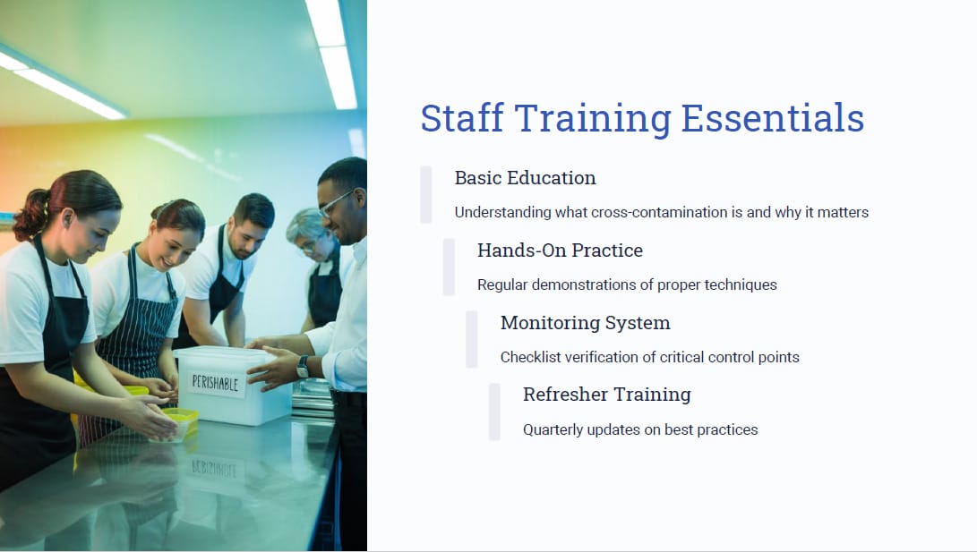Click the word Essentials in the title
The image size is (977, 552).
[x=773, y=118]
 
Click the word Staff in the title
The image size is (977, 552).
[x=462, y=118]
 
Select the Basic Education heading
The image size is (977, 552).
[x=526, y=178]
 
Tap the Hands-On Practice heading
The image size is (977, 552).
[x=561, y=251]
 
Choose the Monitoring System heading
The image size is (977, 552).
[x=586, y=323]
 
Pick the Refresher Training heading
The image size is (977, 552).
[x=607, y=395]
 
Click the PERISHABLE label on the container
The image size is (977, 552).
[x=215, y=383]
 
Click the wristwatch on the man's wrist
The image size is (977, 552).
[x=303, y=367]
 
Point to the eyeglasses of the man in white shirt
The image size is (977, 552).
[x=337, y=201]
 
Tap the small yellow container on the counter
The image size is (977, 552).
[x=178, y=422]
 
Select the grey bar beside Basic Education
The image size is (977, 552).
[x=426, y=195]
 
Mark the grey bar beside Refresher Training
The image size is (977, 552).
[x=494, y=412]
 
